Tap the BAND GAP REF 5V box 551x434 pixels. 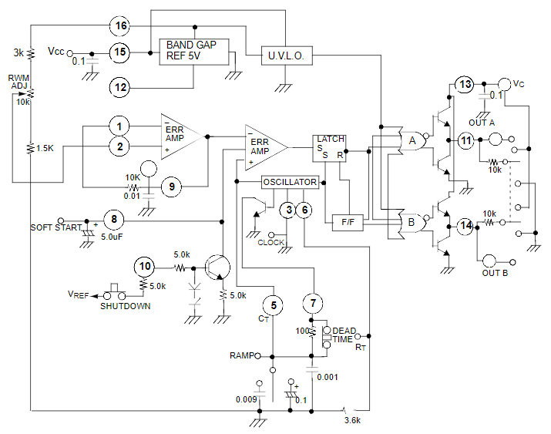coord(192,50)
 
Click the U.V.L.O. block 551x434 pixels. coord(286,56)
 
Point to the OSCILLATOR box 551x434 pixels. coord(289,182)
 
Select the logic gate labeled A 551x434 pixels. coord(414,140)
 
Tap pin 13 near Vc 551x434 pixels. coord(465,84)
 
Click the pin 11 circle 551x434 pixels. coord(465,140)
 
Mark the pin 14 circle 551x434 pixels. coord(465,227)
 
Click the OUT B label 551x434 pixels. coord(493,274)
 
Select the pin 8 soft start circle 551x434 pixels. coord(113,220)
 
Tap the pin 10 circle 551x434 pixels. coord(143,267)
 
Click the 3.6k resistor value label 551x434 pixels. coord(354,422)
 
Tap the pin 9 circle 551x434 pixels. coord(173,185)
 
